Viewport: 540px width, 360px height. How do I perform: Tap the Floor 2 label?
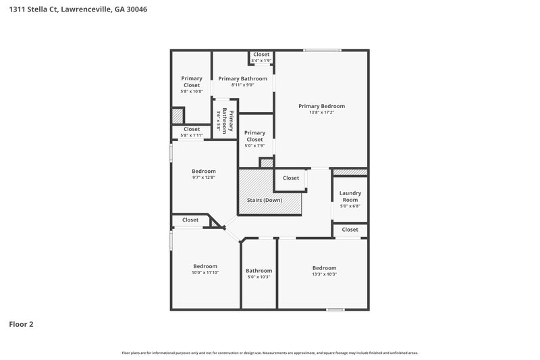pyautogui.click(x=21, y=324)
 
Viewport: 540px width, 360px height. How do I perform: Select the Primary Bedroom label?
pyautogui.click(x=321, y=106)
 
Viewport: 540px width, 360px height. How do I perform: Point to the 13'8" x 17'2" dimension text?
pyautogui.click(x=321, y=112)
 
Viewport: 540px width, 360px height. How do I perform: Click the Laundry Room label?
pyautogui.click(x=350, y=196)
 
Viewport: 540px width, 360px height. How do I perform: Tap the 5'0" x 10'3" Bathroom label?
pyautogui.click(x=259, y=271)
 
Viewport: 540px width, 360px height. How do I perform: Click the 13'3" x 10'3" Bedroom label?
pyautogui.click(x=324, y=268)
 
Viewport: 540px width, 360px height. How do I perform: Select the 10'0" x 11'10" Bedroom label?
pyautogui.click(x=205, y=266)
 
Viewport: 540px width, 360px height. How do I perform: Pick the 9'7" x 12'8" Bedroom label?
pyautogui.click(x=203, y=171)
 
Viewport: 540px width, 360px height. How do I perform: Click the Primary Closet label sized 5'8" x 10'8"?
pyautogui.click(x=192, y=82)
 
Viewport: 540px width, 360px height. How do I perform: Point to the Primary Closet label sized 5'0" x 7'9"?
pyautogui.click(x=254, y=136)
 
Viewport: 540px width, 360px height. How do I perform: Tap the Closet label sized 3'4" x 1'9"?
pyautogui.click(x=261, y=55)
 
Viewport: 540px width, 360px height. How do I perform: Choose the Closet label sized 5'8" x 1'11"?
pyautogui.click(x=192, y=129)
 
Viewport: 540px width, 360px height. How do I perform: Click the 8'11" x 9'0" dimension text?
pyautogui.click(x=242, y=85)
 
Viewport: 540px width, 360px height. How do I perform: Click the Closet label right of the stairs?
pyautogui.click(x=291, y=178)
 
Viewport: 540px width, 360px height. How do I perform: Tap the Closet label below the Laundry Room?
pyautogui.click(x=350, y=230)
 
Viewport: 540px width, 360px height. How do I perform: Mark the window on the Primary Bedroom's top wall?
pyautogui.click(x=322, y=50)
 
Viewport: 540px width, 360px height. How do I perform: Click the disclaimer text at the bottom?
pyautogui.click(x=269, y=353)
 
